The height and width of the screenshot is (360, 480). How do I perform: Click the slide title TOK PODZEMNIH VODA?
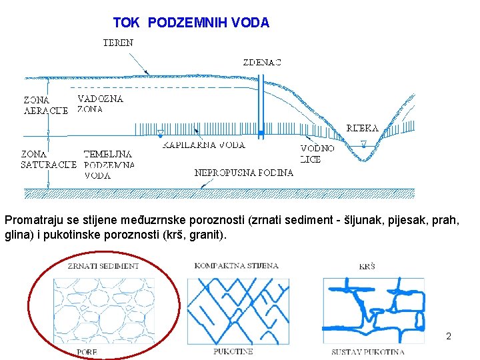tap(191, 23)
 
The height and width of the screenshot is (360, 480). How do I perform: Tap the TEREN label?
tap(118, 43)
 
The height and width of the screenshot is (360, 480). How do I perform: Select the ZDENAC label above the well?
tap(262, 62)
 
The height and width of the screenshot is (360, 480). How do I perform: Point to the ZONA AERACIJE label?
tap(45, 105)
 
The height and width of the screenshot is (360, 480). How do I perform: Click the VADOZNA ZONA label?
tap(100, 104)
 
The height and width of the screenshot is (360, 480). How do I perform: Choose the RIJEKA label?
tap(363, 127)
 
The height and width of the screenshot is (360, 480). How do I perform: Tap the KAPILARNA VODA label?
tap(204, 145)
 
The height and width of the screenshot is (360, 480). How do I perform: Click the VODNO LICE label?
tap(317, 154)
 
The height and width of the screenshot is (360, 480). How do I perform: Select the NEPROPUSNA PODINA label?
tap(244, 173)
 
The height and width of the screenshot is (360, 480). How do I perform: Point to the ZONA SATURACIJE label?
tap(47, 159)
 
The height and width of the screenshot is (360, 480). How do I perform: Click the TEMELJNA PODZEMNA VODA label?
tap(109, 164)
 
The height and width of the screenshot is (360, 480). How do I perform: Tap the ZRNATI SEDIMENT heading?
tap(103, 266)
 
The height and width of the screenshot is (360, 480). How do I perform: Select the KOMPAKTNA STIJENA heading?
tap(236, 265)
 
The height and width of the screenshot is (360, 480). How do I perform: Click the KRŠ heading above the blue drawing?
tap(367, 267)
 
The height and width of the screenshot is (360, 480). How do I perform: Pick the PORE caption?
tap(87, 351)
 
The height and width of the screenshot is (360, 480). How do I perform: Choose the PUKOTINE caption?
tap(233, 351)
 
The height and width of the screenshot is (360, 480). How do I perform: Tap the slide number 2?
tap(449, 336)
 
